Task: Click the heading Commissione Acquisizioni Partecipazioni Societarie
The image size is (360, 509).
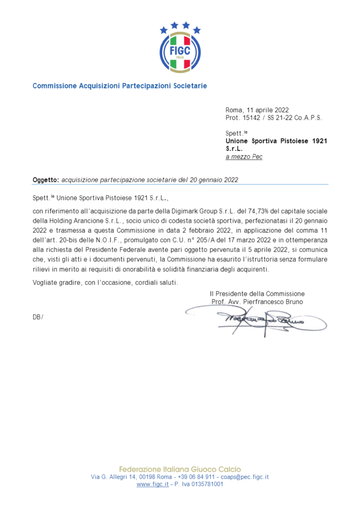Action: pyautogui.click(x=120, y=86)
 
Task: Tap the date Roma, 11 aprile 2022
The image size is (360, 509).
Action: pyautogui.click(x=257, y=110)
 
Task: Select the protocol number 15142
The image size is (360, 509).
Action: pyautogui.click(x=251, y=118)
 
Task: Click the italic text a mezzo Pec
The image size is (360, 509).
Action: pyautogui.click(x=244, y=157)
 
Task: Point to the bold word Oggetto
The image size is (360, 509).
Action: pyautogui.click(x=46, y=179)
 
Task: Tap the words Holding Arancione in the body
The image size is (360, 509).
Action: pyautogui.click(x=77, y=220)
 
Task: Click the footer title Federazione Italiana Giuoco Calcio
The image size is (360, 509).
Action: pyautogui.click(x=180, y=469)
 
